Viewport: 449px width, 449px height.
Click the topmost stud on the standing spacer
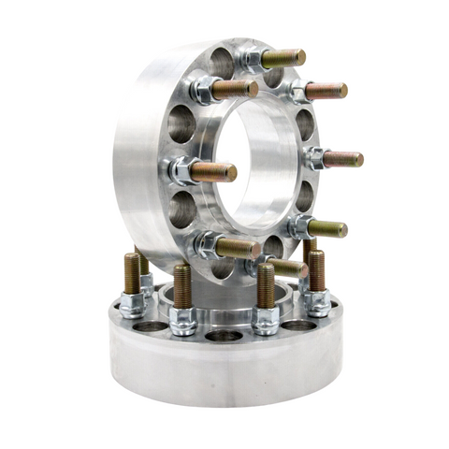click(x=282, y=58)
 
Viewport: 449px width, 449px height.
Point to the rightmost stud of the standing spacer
click(x=341, y=159)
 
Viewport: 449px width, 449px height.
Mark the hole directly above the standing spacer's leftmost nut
click(x=181, y=123)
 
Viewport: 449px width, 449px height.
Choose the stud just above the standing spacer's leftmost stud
click(x=235, y=89)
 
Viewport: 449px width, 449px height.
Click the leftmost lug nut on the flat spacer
click(x=132, y=304)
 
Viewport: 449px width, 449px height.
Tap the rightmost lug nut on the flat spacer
click(x=317, y=301)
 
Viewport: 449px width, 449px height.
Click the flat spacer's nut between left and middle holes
click(x=183, y=321)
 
